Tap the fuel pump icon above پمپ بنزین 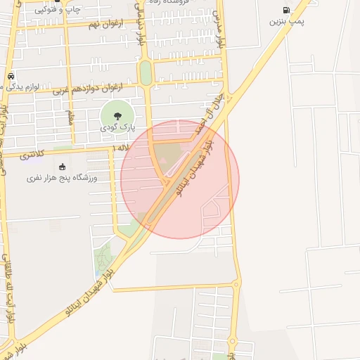point(286,10)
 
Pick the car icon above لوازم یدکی point(11,75)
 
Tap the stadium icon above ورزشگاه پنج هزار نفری point(62,167)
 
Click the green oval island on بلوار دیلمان point(146,72)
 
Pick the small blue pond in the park point(96,272)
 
